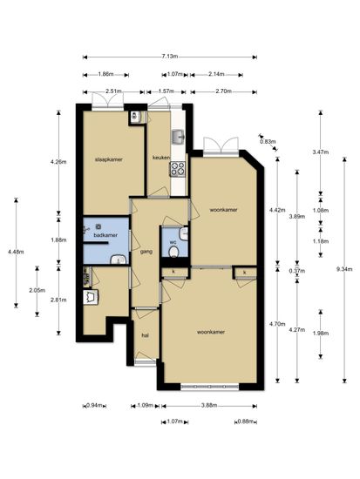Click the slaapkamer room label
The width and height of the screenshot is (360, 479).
(109, 159)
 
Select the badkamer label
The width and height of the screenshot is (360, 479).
(105, 235)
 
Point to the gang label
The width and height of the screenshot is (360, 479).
(146, 252)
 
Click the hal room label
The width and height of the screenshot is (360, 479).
(145, 335)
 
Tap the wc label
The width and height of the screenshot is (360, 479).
(173, 242)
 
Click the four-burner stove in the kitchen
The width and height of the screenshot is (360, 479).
(178, 169)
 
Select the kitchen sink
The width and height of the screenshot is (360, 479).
(178, 136)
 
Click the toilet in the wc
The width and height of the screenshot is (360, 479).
(174, 252)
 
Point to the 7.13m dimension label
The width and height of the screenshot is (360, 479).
(169, 57)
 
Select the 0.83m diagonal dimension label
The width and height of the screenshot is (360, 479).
(268, 141)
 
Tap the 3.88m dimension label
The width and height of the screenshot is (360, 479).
(209, 405)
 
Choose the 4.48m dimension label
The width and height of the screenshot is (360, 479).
(16, 252)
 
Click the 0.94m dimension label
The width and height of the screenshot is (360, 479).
(94, 406)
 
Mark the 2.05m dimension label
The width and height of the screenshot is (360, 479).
(37, 290)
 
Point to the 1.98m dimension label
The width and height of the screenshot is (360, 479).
(321, 334)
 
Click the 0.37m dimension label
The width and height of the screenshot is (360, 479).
(296, 271)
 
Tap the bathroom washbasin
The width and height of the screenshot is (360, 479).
(119, 260)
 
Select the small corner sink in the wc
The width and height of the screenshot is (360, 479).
(184, 233)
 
